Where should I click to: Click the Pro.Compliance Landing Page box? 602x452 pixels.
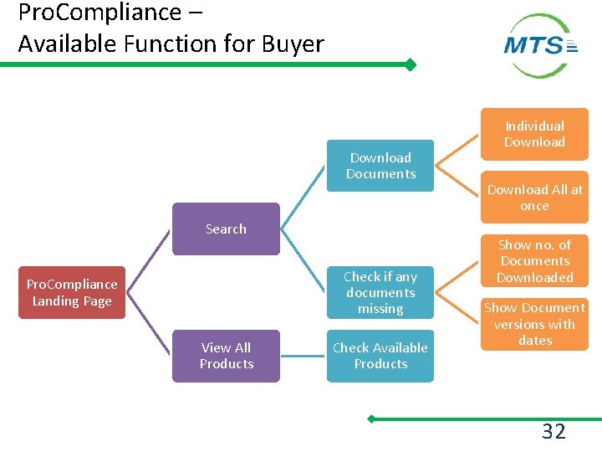(72, 293)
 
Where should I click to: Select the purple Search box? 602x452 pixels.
(226, 229)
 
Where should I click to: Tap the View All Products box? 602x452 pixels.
(226, 356)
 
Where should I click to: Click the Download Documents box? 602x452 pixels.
(380, 166)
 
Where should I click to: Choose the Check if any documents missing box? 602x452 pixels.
(380, 292)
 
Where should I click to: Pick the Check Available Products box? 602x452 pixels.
(380, 356)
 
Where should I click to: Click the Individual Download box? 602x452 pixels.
(534, 134)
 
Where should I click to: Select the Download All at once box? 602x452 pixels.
(534, 198)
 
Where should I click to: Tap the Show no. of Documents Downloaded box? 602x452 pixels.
(534, 261)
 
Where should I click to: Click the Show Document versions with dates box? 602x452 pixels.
(534, 324)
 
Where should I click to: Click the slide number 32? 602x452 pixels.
(554, 432)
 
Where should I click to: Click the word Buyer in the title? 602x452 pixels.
(292, 44)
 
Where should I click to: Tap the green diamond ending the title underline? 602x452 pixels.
(410, 64)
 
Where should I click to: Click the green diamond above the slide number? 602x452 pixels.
(372, 419)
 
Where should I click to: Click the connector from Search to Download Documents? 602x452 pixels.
(304, 197)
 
